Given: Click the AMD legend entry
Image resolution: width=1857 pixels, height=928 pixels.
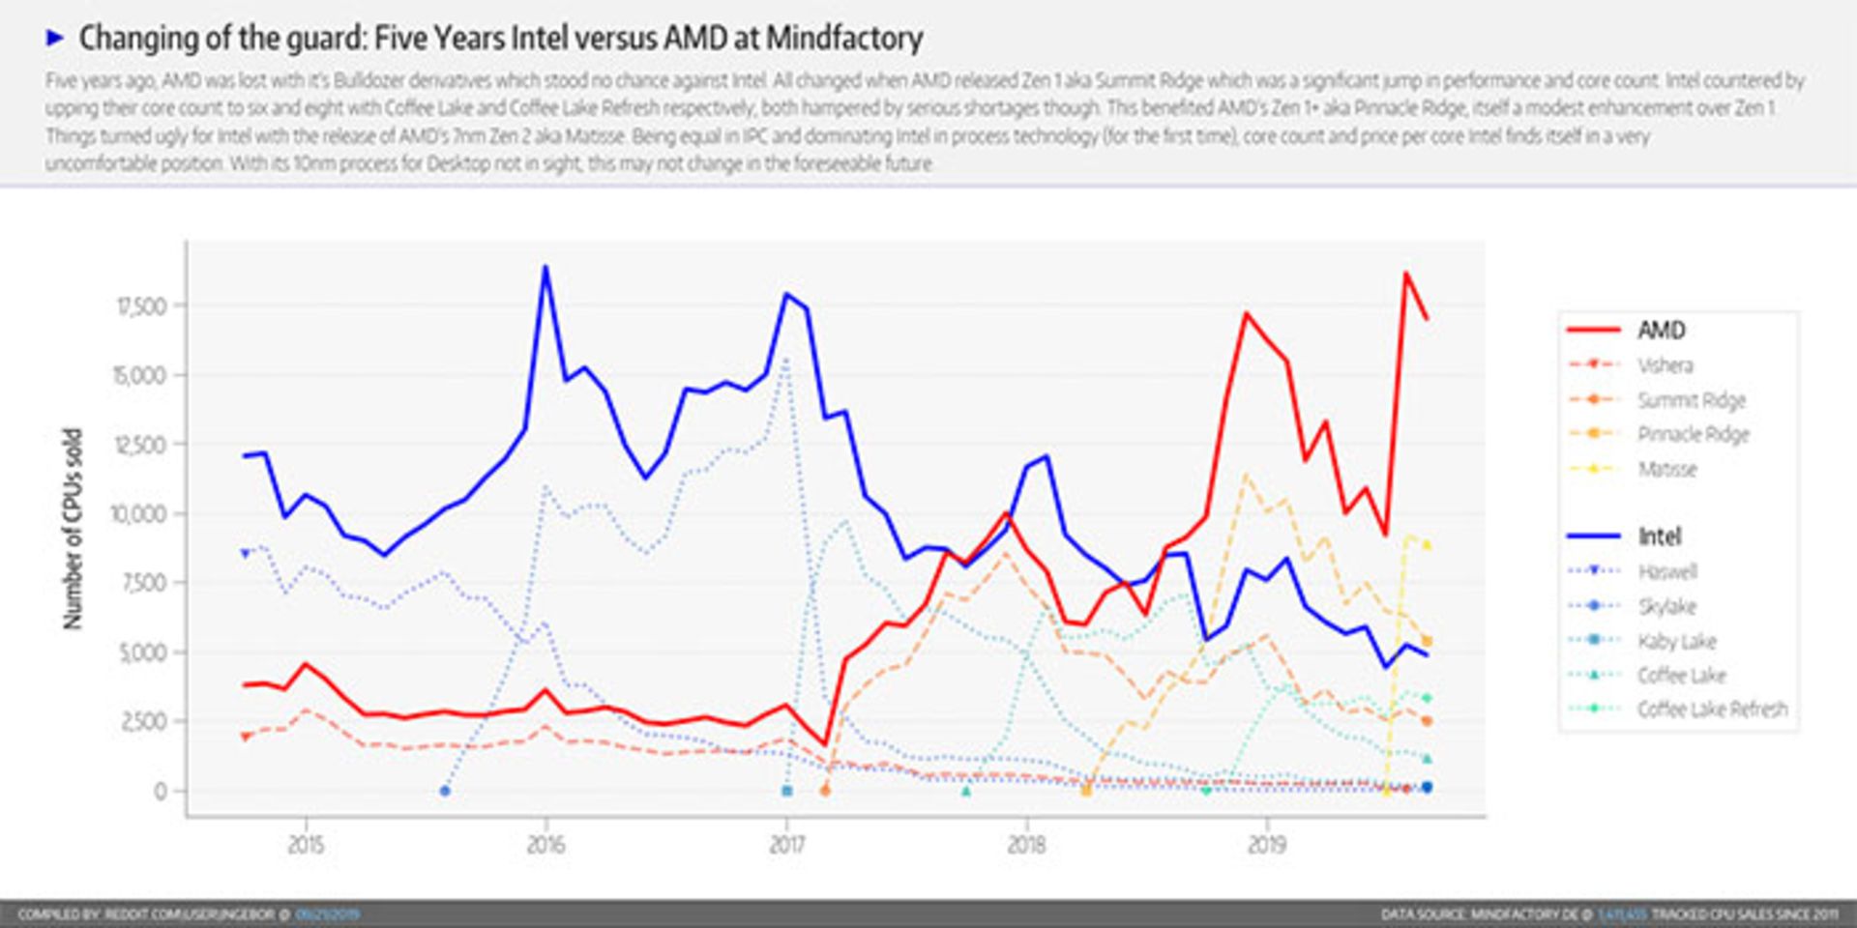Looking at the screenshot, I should tap(1660, 331).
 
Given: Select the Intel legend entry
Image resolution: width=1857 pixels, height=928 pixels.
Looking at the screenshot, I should tap(1658, 536).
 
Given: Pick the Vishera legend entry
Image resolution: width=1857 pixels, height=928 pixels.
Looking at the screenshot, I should tap(1665, 365).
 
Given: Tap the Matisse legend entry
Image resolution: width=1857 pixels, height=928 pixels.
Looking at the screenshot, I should tap(1666, 470).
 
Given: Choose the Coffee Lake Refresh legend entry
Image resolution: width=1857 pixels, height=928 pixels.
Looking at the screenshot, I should tap(1711, 710).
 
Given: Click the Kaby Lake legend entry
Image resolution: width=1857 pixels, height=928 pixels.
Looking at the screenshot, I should tap(1676, 641).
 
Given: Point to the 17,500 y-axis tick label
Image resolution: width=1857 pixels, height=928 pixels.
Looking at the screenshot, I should tap(141, 306).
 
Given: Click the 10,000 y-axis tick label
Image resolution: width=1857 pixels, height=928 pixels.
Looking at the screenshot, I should tap(140, 514).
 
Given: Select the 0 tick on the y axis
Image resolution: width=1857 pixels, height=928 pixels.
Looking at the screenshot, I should tap(160, 791).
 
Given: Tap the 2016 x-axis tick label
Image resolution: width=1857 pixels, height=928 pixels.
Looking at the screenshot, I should tap(545, 845).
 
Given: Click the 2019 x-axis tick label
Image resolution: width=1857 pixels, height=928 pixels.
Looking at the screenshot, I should tap(1266, 845).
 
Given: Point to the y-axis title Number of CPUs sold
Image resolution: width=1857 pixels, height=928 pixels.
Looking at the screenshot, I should tap(73, 529).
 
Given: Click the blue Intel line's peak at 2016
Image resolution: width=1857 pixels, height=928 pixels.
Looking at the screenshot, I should tap(545, 267).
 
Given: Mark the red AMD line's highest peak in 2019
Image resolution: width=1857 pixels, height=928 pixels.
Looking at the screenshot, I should tap(1405, 274).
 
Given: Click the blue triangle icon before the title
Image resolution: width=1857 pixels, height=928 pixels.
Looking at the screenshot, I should tap(55, 39).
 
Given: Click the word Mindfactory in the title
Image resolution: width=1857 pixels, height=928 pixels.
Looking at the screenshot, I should tap(843, 39).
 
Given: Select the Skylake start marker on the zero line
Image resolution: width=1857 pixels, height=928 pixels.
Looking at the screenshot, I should tap(445, 791).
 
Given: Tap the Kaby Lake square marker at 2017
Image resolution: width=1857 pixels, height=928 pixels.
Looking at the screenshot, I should tap(786, 791).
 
